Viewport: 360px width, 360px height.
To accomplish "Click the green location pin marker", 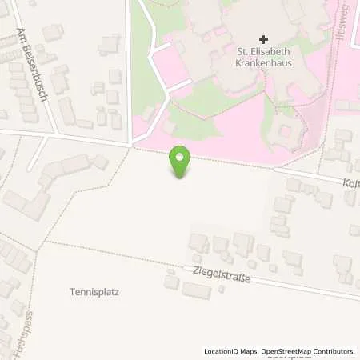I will (x=182, y=162).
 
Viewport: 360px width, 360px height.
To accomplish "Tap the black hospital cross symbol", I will (x=264, y=38).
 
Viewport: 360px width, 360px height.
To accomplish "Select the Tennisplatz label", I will (x=94, y=292).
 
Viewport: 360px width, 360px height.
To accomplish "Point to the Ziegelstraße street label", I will (x=222, y=277).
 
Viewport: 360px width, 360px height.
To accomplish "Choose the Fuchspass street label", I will (x=14, y=331).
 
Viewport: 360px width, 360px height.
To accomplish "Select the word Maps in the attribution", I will (x=249, y=351).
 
